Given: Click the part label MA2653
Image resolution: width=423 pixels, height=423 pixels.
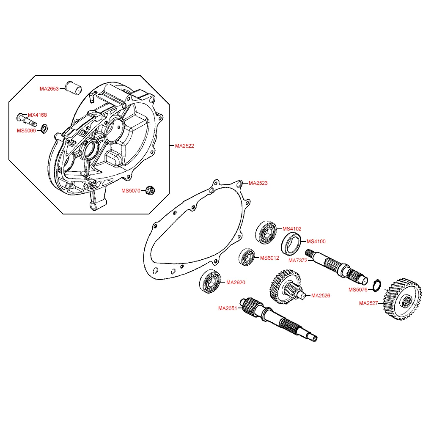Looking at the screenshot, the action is click(x=49, y=89).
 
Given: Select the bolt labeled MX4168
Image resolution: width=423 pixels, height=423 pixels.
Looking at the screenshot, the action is click(x=27, y=120).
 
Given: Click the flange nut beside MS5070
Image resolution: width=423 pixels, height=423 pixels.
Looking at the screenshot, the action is click(x=150, y=190).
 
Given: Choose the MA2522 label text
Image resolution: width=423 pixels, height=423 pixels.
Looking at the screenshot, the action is click(x=184, y=146).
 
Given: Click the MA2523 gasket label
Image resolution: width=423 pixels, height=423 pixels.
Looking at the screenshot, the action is click(x=258, y=183).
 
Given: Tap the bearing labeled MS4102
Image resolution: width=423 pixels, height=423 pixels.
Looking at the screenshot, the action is click(x=266, y=232).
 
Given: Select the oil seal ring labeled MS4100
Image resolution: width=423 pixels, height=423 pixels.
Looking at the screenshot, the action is click(x=291, y=244).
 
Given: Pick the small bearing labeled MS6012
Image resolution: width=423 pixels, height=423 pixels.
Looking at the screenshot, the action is click(x=247, y=257).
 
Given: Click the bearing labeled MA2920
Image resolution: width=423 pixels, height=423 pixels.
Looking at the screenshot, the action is click(x=210, y=281).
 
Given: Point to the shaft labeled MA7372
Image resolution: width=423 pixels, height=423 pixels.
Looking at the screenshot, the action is click(x=336, y=267).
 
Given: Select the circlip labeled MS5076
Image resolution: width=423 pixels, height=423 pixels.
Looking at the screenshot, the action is click(x=376, y=286).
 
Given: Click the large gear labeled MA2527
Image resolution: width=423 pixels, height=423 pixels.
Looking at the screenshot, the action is click(x=402, y=299).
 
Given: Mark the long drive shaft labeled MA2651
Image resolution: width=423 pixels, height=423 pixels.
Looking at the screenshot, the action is click(x=279, y=319).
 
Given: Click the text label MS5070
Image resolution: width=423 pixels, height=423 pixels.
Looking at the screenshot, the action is click(x=131, y=191).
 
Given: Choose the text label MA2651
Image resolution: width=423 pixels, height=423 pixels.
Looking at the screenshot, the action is click(x=228, y=308).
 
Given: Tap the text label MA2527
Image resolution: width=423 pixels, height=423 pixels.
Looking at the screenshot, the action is click(x=368, y=303).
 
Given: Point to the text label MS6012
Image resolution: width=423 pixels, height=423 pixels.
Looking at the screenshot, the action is click(x=269, y=258).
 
